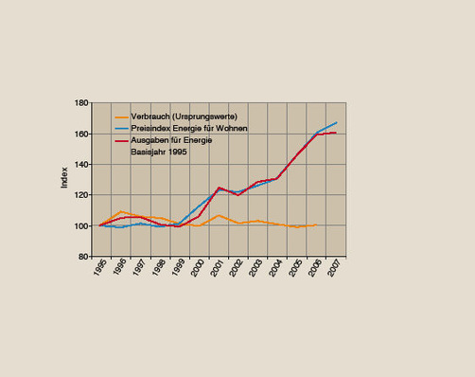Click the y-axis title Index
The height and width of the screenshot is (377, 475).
[x=64, y=179]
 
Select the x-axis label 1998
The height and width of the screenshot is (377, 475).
[x=156, y=271]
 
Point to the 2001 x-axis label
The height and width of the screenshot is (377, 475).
[x=216, y=271]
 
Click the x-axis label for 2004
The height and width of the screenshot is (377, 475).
[x=274, y=271]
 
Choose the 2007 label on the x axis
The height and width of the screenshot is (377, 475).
[x=333, y=271]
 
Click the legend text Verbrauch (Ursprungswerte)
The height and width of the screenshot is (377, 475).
[x=177, y=116]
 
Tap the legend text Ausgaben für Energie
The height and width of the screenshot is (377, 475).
[x=173, y=139]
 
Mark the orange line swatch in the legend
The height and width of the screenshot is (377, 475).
[x=120, y=116]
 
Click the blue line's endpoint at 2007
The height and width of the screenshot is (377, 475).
[x=337, y=123]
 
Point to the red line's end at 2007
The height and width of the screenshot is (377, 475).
[x=336, y=133]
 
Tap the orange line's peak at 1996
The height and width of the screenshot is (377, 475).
[x=120, y=212]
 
